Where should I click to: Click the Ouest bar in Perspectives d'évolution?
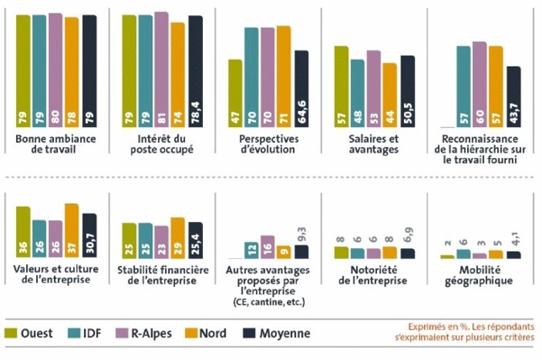coord(235,94)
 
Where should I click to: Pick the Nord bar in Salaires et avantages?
coord(390,96)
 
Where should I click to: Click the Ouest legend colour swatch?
coord(11,333)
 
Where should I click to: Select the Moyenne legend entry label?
coord(284,333)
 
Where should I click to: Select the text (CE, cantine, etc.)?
coord(267,301)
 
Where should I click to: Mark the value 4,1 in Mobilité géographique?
coord(515,240)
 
